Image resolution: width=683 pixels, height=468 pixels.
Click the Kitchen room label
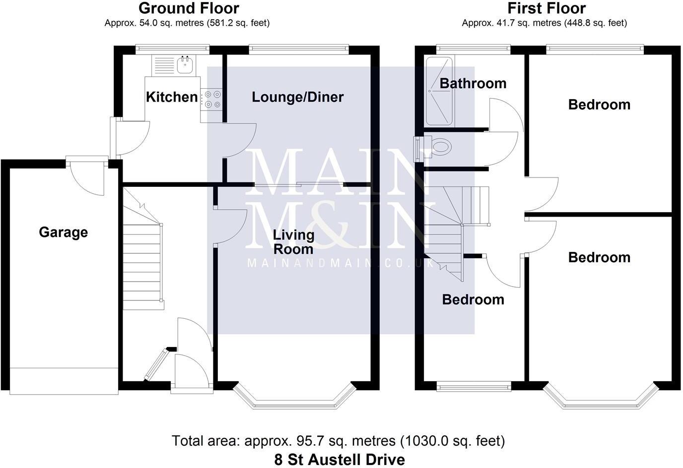coord(172,97)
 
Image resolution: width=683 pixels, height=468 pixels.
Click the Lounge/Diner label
coord(297,97)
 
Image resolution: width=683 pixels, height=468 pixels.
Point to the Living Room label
coord(294,241)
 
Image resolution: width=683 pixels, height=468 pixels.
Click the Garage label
coord(63,232)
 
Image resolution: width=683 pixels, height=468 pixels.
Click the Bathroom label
coord(473,83)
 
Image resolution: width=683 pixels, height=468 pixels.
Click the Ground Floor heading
coord(189,8)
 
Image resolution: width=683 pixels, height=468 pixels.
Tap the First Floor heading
coord(546,8)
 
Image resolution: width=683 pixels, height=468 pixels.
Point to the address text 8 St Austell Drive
coord(340,460)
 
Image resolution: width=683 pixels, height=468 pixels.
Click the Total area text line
coord(338,440)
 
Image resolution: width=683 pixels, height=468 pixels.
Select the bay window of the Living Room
coord(295,400)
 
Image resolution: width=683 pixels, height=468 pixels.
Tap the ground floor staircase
coord(143,258)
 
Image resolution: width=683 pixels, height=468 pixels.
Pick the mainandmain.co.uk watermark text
coord(341,263)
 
